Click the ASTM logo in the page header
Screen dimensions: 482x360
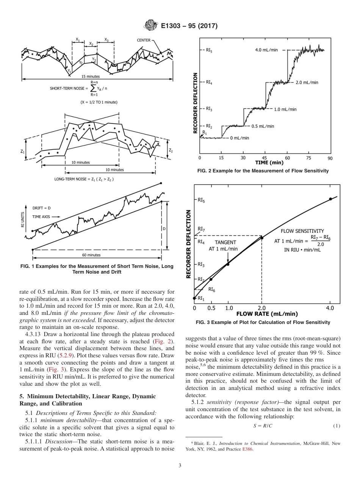(x=150, y=26)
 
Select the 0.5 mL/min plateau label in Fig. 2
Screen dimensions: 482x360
(x=263, y=126)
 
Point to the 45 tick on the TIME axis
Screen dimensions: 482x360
(x=265, y=158)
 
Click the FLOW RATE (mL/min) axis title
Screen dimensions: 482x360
(x=267, y=314)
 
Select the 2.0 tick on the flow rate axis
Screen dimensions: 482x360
(x=261, y=308)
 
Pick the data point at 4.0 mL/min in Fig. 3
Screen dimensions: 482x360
(x=330, y=199)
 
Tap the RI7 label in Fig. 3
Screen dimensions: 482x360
(x=201, y=229)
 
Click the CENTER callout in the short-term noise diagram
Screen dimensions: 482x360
(x=144, y=40)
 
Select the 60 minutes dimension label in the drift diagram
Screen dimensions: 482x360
(x=91, y=255)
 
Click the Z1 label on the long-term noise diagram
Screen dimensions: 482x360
(x=23, y=151)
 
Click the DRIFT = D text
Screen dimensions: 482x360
(x=41, y=208)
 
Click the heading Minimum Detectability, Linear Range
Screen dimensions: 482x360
(x=88, y=399)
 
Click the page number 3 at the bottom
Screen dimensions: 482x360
(x=180, y=465)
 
